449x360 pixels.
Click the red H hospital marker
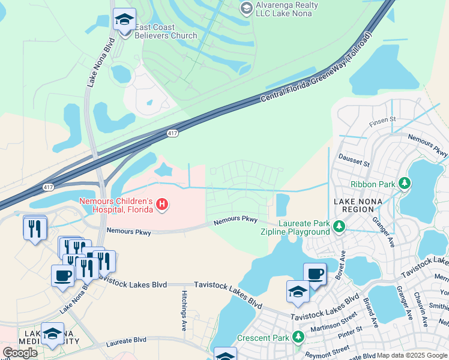161,205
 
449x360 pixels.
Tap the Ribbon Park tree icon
405,183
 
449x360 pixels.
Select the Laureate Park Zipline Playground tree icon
339,227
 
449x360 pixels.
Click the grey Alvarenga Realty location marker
246,8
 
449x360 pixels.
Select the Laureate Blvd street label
126,340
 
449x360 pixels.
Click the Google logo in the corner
20,352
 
